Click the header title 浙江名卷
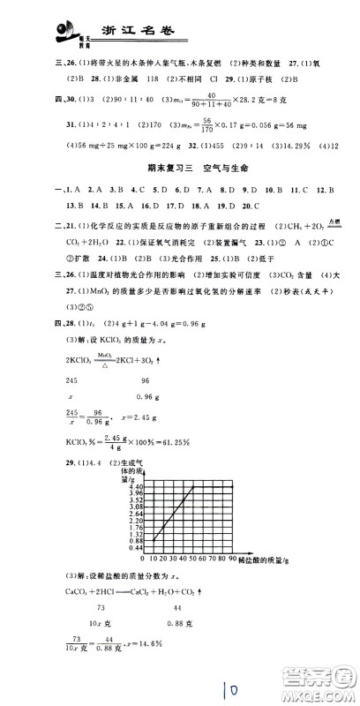140,33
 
